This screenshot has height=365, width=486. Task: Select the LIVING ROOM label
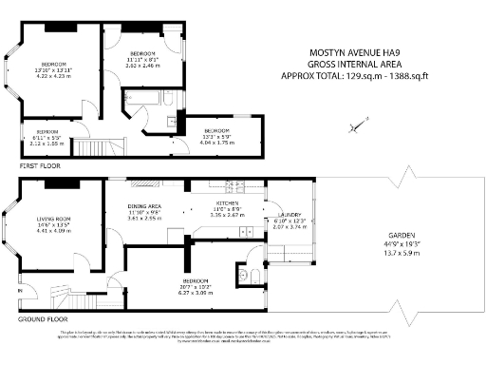pyautogui.click(x=53, y=218)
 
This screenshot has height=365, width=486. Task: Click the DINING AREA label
pyautogui.click(x=145, y=205)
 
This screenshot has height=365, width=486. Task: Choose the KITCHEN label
pyautogui.click(x=227, y=203)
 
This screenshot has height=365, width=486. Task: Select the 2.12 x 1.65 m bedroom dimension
pyautogui.click(x=47, y=144)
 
